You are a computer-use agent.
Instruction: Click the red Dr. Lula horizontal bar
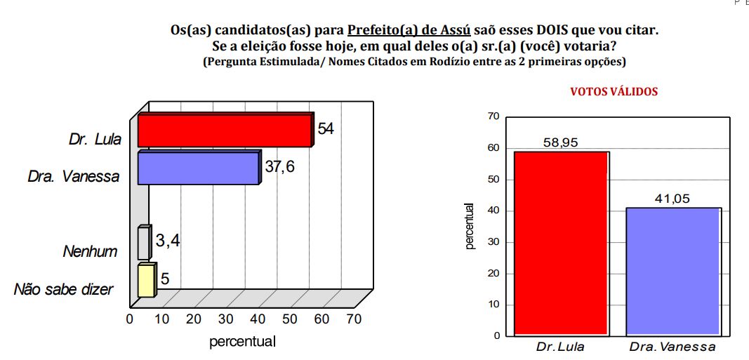[224, 131]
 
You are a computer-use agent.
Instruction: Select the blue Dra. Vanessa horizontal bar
[199, 169]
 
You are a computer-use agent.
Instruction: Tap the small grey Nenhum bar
[143, 244]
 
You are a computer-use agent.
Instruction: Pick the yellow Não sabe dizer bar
[145, 281]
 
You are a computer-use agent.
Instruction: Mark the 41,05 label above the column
[672, 199]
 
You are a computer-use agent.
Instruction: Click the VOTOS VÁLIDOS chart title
[614, 92]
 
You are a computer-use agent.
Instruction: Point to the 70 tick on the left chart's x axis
[353, 319]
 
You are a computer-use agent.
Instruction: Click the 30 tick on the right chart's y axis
[496, 242]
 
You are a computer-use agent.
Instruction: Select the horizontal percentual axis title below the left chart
[242, 342]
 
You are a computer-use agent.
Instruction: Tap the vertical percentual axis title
[471, 227]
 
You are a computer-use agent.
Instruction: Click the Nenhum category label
[91, 251]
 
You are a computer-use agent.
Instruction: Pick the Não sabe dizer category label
[64, 289]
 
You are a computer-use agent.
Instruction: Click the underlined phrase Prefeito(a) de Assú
[409, 31]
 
